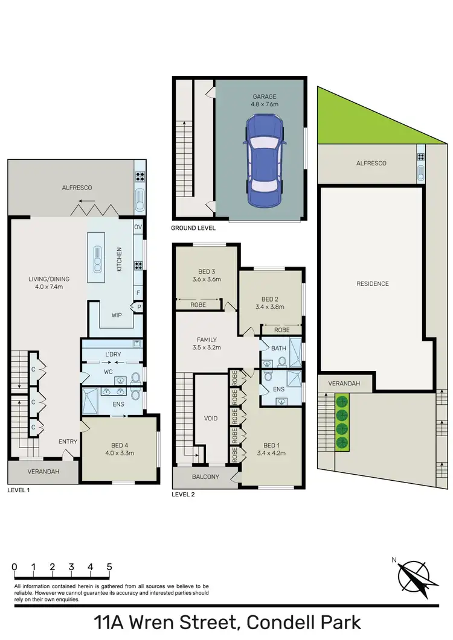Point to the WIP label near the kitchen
117,315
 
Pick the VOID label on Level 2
211,418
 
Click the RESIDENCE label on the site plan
372,284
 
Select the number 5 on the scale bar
109,567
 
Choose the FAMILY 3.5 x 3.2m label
205,343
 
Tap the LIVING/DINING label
49,283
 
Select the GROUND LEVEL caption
193,229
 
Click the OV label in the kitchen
138,227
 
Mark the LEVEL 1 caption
19,490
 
